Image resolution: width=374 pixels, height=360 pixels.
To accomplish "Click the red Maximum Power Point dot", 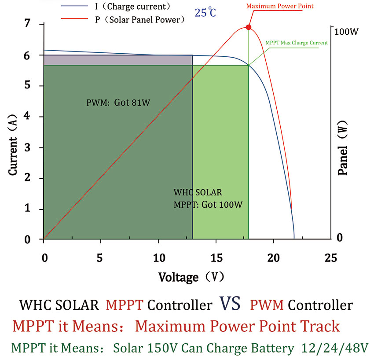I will (x=249, y=27).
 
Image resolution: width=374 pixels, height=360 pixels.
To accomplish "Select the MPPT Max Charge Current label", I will (x=297, y=43).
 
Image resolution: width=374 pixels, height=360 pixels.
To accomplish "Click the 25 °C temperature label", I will (x=206, y=12).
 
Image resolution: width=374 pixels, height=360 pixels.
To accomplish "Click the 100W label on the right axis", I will (x=346, y=32).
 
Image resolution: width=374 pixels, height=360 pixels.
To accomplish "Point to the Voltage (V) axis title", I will (x=191, y=277).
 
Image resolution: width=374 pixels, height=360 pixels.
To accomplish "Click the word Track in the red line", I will (x=320, y=326).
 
